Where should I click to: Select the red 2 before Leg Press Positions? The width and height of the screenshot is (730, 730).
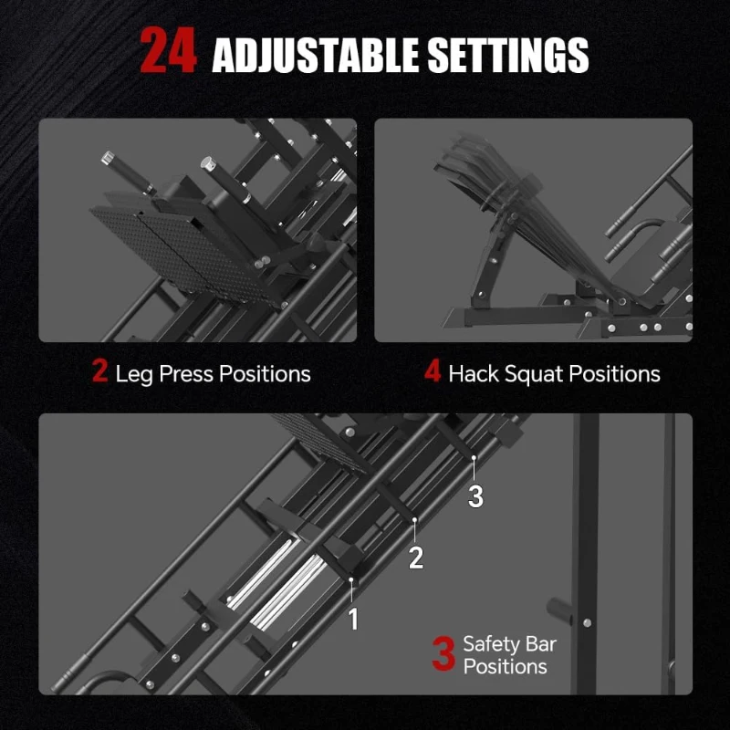(x=99, y=372)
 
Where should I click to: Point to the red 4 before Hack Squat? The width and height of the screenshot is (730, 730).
(x=433, y=372)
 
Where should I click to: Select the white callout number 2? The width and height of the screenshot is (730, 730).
(x=416, y=558)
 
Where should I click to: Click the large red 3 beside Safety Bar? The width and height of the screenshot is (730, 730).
(x=443, y=654)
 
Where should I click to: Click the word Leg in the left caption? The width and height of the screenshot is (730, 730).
(x=134, y=374)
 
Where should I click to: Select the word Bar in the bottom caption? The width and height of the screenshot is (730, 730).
(x=541, y=644)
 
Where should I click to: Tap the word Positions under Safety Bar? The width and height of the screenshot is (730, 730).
(x=505, y=667)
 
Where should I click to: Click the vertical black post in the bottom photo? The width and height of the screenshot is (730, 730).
(x=586, y=547)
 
